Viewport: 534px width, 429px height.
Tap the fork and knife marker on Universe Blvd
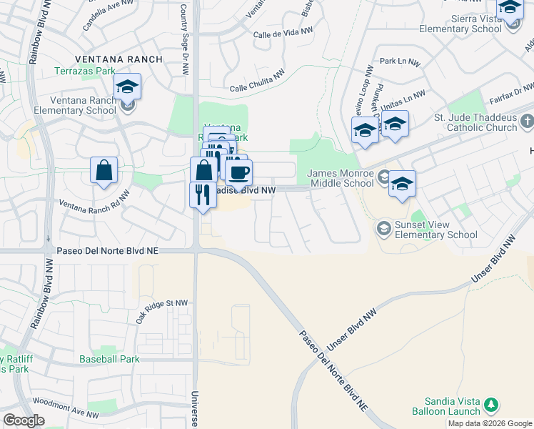click(x=203, y=194)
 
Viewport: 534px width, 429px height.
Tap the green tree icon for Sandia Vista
click(x=490, y=405)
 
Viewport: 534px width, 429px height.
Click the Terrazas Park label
click(x=84, y=72)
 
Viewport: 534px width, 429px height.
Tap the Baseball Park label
click(x=108, y=358)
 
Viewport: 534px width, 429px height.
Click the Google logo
click(x=24, y=420)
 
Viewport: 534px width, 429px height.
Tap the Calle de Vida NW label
click(x=283, y=32)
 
